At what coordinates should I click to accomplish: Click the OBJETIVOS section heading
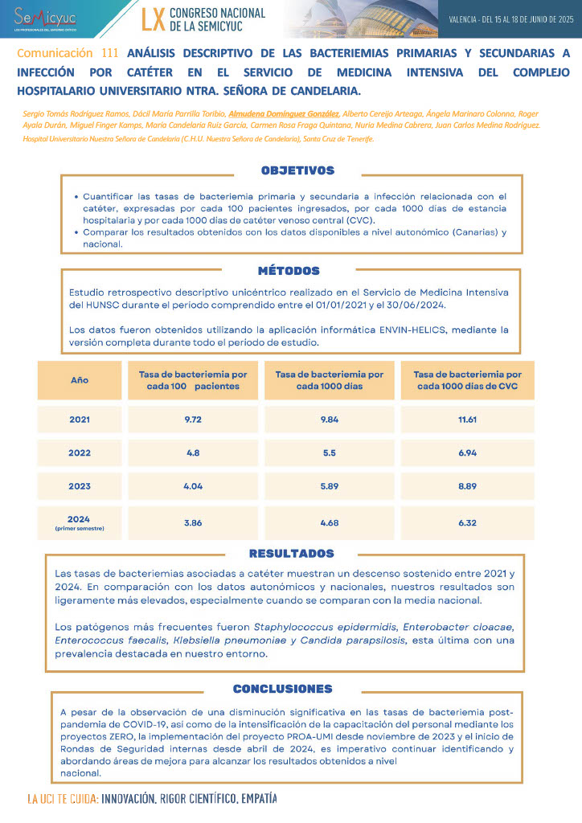(297, 170)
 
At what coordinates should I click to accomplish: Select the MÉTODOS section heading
(289, 271)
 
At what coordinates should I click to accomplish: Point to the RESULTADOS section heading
(291, 554)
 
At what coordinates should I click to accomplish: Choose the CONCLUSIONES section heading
(282, 689)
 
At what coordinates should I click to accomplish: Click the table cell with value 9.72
(193, 420)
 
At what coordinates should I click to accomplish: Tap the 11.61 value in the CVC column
(467, 420)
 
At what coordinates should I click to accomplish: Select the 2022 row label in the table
(80, 452)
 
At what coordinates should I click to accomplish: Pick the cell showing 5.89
(330, 486)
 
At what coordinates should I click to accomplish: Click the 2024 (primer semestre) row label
(80, 522)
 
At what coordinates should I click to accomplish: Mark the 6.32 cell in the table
(467, 522)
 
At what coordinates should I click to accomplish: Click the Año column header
(80, 379)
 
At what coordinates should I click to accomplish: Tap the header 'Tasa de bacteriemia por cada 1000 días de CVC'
(467, 380)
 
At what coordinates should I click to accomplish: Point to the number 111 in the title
(111, 53)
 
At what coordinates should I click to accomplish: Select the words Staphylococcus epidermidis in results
(326, 626)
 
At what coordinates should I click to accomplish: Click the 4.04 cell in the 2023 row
(193, 486)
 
